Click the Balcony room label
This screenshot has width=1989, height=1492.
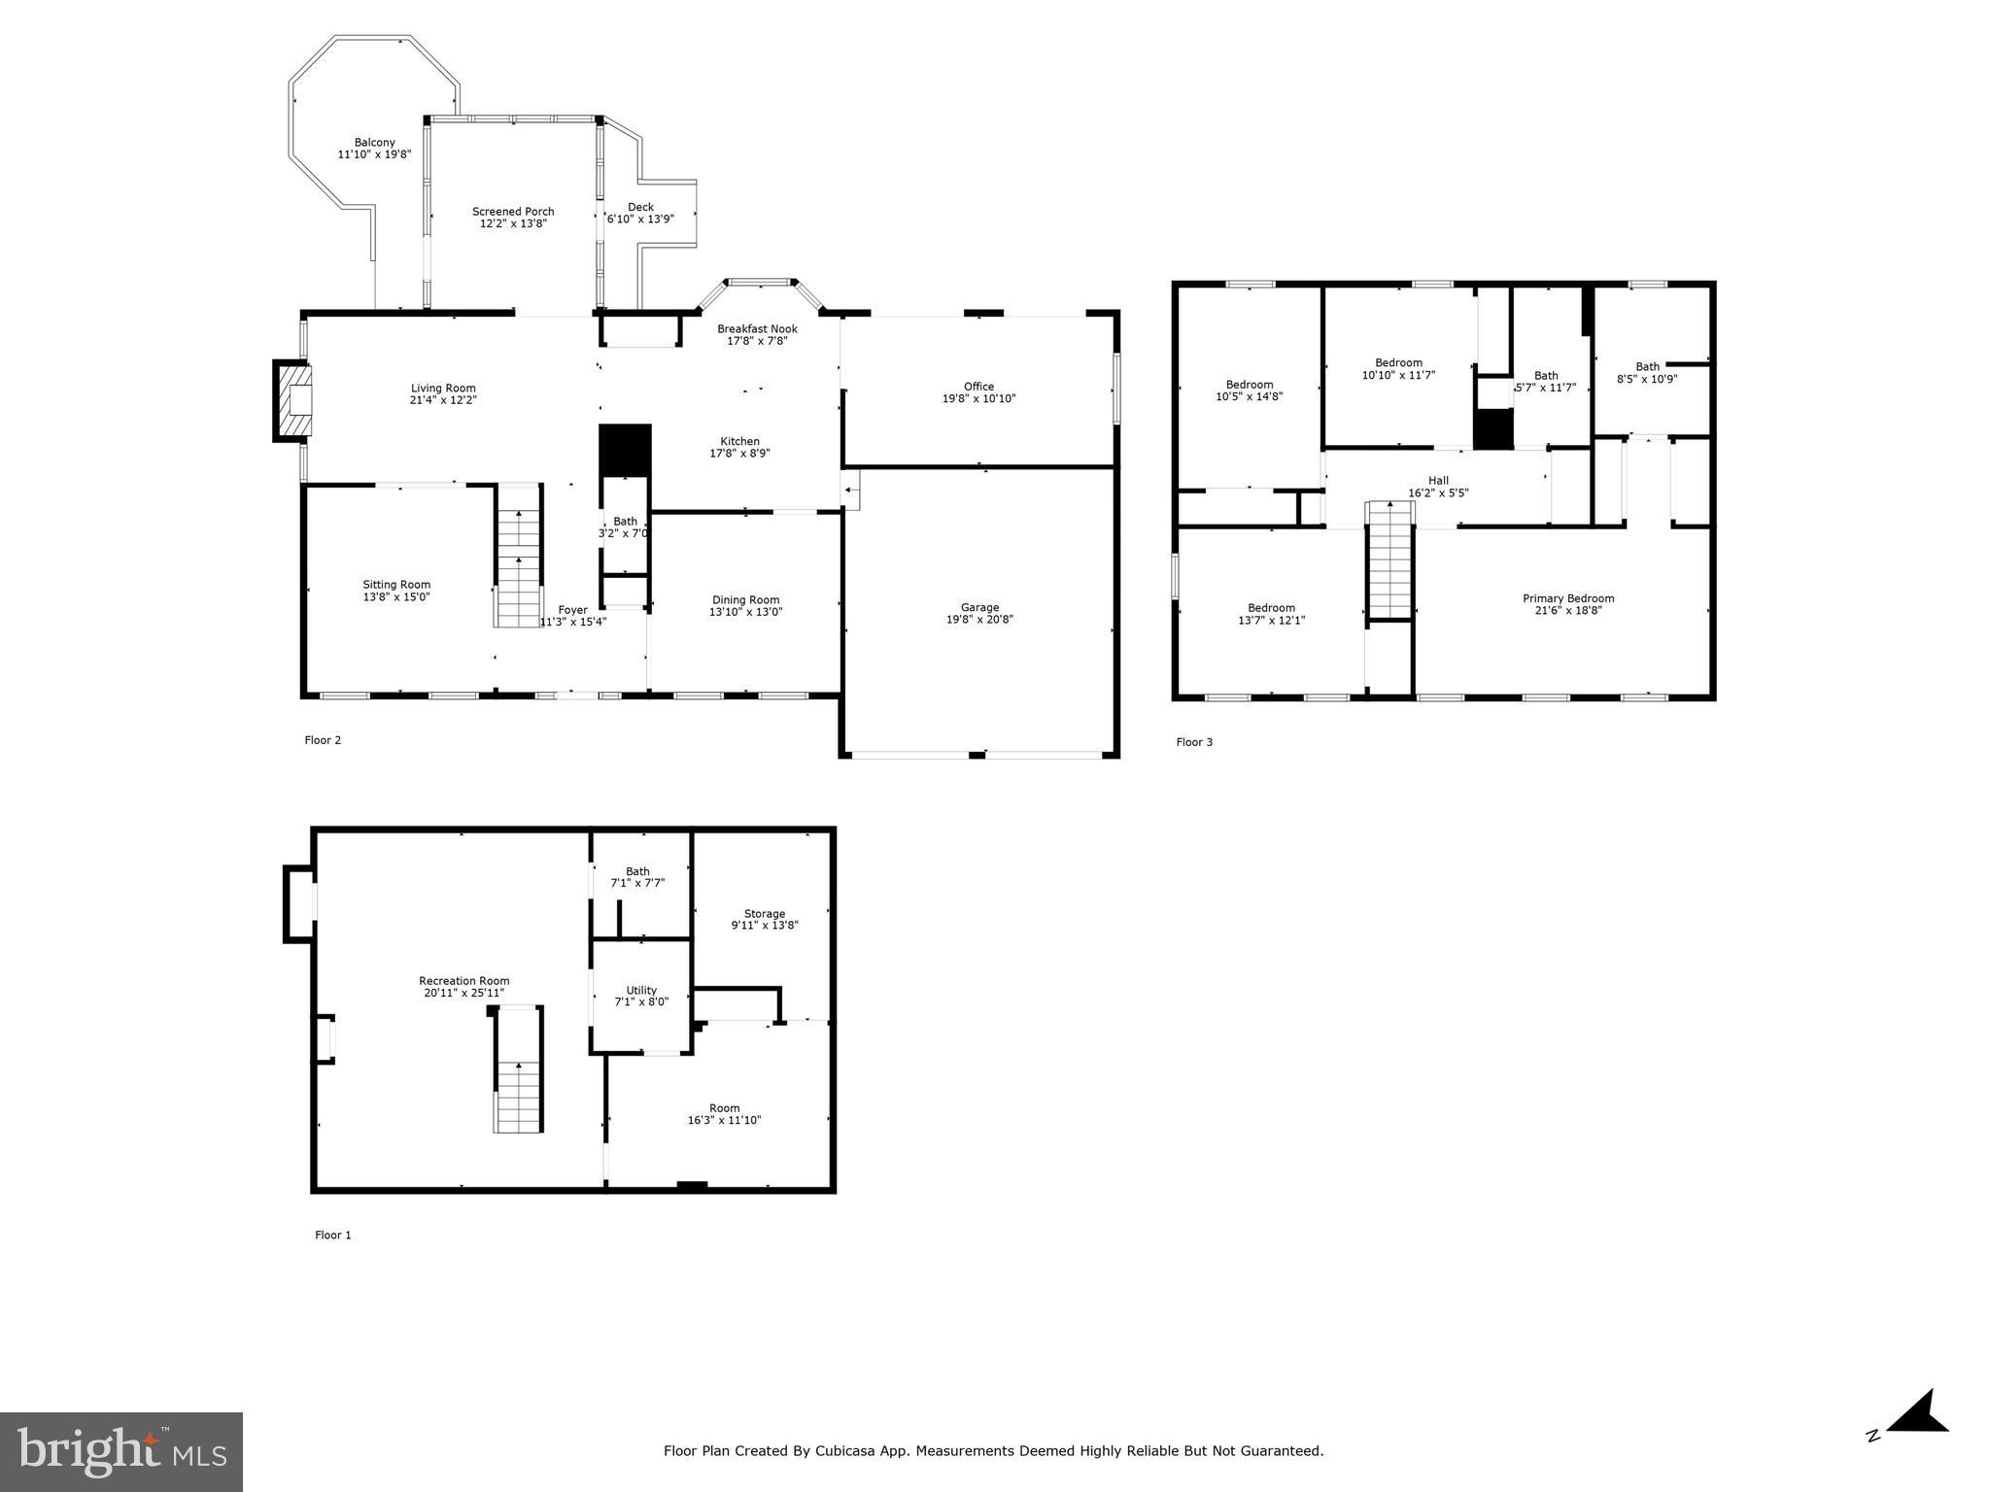[374, 143]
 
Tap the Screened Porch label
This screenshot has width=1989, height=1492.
[513, 212]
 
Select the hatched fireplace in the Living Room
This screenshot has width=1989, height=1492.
[294, 400]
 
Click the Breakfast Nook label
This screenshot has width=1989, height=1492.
[757, 329]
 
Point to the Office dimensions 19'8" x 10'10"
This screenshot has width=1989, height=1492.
[978, 398]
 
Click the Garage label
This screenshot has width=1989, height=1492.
[979, 608]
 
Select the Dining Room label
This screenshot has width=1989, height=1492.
[745, 600]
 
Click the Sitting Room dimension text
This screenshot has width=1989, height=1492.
[396, 597]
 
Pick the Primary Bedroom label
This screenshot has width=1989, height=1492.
[1567, 598]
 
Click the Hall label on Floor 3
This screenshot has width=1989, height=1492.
[1438, 481]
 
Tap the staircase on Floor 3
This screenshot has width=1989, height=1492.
[1389, 561]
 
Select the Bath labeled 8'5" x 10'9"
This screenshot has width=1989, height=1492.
[1647, 373]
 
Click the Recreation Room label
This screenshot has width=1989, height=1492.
[463, 981]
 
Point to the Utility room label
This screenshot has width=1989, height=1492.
[641, 991]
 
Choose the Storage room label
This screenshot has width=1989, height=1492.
[764, 914]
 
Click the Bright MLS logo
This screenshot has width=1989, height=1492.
[121, 1451]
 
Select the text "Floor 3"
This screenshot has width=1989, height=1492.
[1194, 742]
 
